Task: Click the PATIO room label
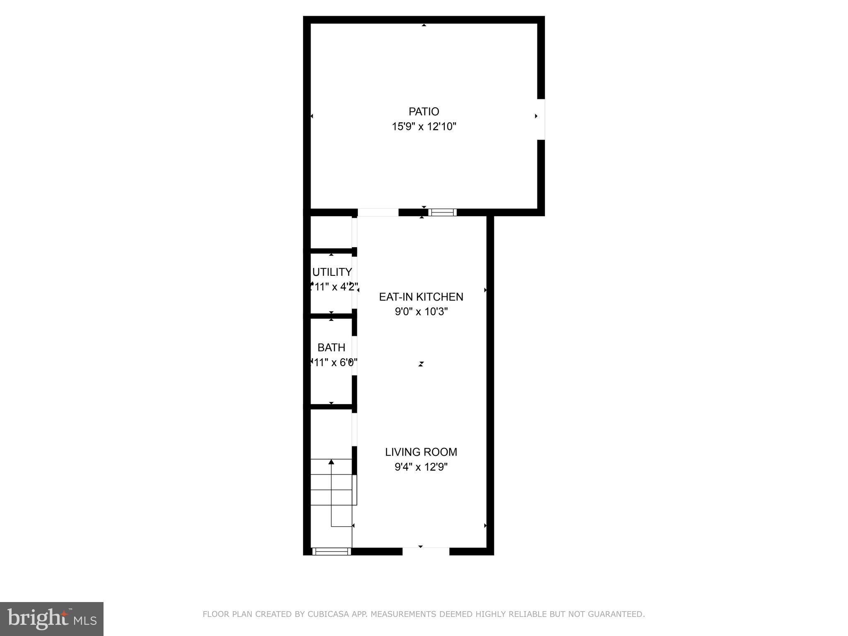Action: pos(424,111)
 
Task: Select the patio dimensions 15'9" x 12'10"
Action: pos(424,127)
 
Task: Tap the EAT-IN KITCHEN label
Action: pos(421,296)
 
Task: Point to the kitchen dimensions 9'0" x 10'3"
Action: pos(421,311)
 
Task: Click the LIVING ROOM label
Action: pos(421,452)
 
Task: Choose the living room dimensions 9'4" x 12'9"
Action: pos(421,467)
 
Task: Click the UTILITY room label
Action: pos(332,272)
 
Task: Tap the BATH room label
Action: pos(331,347)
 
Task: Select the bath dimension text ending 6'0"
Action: pos(334,363)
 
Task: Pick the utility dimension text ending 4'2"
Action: pos(334,287)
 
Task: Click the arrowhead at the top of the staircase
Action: pos(331,461)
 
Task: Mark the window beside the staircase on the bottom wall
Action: pos(331,551)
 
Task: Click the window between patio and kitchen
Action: pos(442,212)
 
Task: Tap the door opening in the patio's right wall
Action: pos(541,119)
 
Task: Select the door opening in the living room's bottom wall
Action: pos(426,551)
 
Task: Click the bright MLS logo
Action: pos(51,619)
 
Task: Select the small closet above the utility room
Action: pos(331,232)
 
